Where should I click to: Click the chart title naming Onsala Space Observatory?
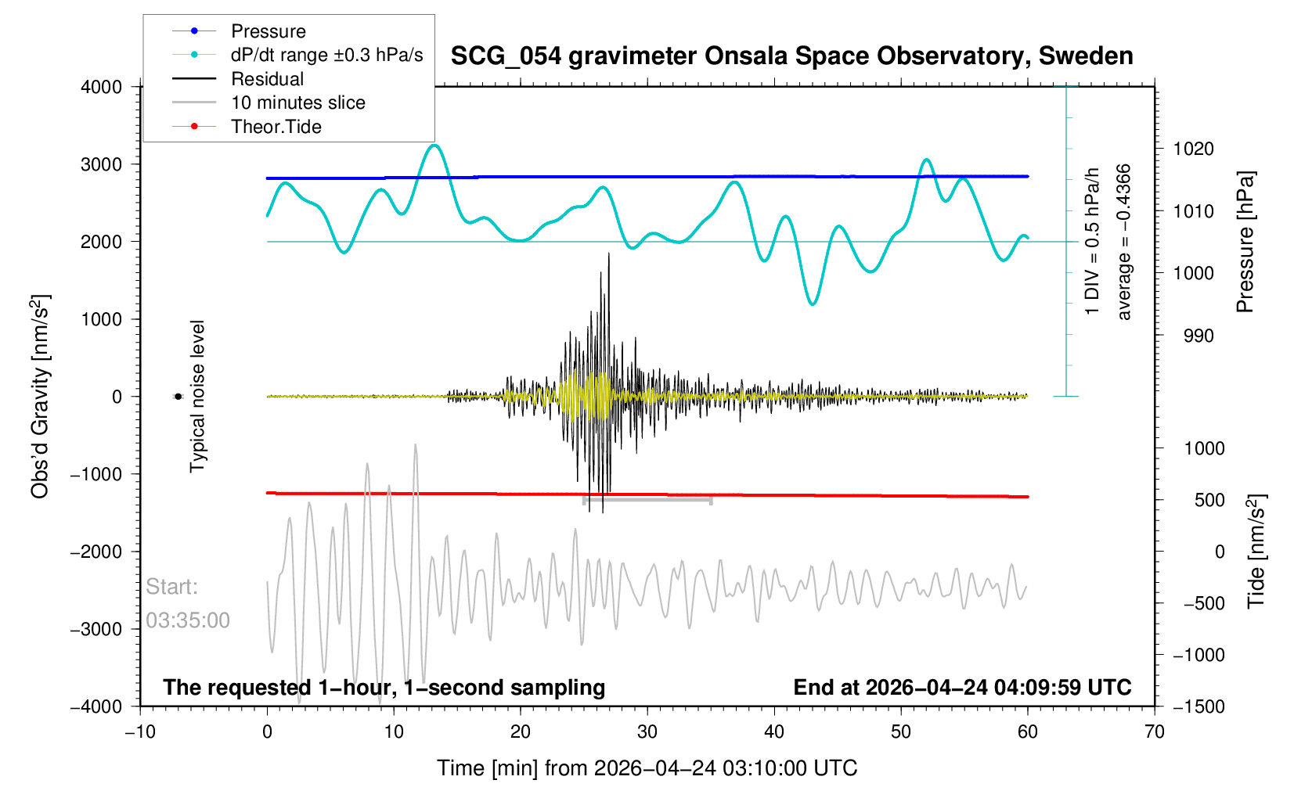[791, 56]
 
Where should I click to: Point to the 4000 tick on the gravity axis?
[101, 88]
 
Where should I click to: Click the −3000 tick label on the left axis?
[96, 629]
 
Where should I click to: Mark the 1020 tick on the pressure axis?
[1193, 149]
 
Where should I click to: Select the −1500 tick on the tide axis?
[1198, 706]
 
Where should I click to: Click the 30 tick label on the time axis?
[647, 731]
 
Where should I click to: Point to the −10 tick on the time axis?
[140, 731]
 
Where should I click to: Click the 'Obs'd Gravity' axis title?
[41, 397]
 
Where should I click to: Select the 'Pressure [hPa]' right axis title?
[1245, 242]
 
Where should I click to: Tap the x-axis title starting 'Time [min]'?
[647, 768]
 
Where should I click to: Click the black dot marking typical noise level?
[178, 397]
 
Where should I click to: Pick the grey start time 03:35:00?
[187, 620]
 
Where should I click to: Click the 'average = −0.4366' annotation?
[1123, 242]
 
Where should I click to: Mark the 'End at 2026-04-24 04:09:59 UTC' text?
[962, 688]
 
